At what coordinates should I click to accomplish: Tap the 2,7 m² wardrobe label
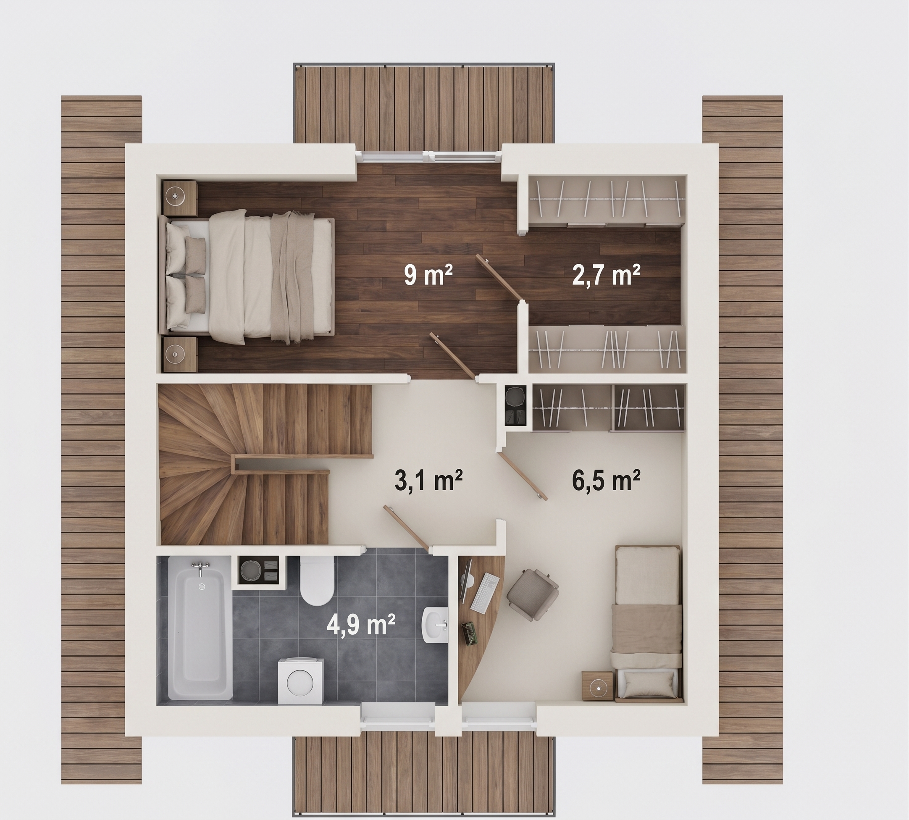606,275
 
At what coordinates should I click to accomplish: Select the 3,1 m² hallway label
428,480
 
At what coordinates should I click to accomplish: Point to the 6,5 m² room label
606,480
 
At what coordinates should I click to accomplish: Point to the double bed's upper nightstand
180,198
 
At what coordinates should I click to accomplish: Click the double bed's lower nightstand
180,355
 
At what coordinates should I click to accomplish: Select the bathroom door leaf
407,528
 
